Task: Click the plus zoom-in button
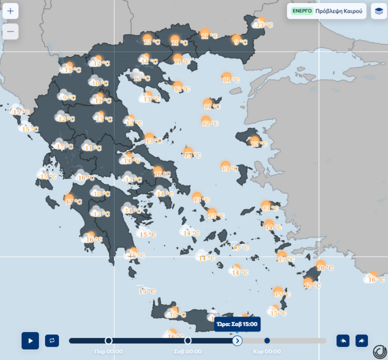[x=11, y=11]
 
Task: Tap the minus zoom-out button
[x=11, y=31]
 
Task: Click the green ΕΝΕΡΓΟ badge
[x=302, y=11]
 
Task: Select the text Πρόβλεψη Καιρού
[x=339, y=11]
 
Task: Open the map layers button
[x=379, y=11]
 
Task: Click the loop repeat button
[x=52, y=341]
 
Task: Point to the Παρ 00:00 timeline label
[x=108, y=352]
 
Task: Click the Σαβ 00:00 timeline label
[x=187, y=352]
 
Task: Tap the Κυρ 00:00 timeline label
[x=267, y=352]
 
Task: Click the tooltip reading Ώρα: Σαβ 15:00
[x=238, y=325]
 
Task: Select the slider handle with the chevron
[x=237, y=341]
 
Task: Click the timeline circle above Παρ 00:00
[x=108, y=341]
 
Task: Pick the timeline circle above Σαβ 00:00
[x=188, y=341]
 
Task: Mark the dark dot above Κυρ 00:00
[x=267, y=341]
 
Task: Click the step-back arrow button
[x=343, y=341]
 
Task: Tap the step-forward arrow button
[x=362, y=341]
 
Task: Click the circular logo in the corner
[x=379, y=352]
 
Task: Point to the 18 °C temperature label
[x=325, y=268]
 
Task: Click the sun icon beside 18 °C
[x=320, y=265]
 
